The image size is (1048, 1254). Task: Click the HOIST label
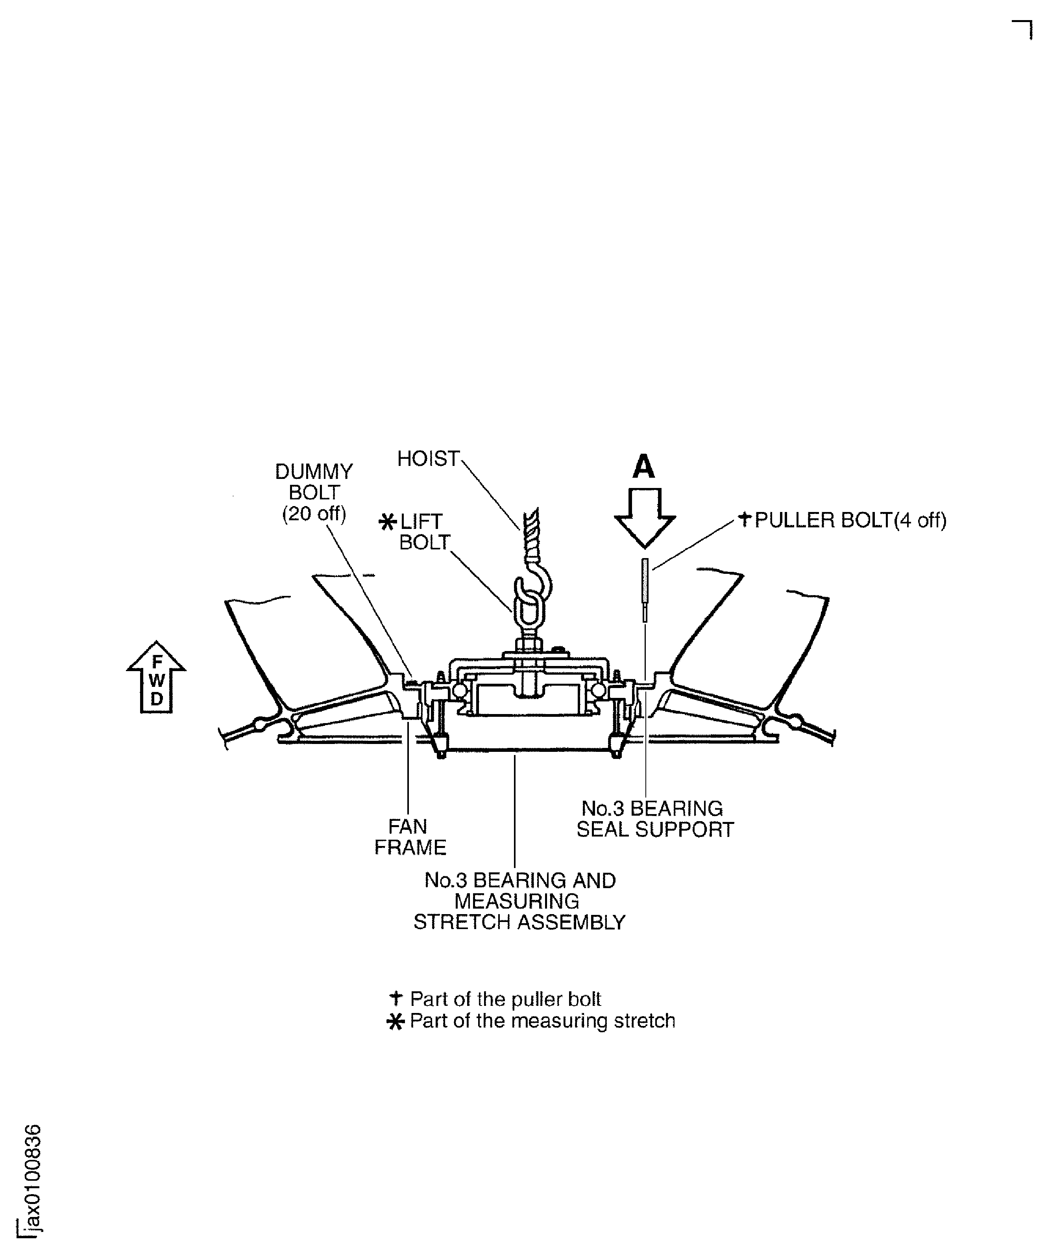pos(428,458)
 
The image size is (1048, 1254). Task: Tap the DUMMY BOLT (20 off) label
pos(314,493)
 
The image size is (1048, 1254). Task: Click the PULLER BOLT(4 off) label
pos(850,520)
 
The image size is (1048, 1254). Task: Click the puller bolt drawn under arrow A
pos(645,588)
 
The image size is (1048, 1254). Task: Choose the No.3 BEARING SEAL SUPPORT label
pos(655,819)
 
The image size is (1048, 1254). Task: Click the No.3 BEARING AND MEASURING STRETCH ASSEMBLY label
pos(519,901)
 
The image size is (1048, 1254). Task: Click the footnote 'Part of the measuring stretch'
pos(542,1020)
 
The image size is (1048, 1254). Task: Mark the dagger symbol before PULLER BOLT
pos(744,519)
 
